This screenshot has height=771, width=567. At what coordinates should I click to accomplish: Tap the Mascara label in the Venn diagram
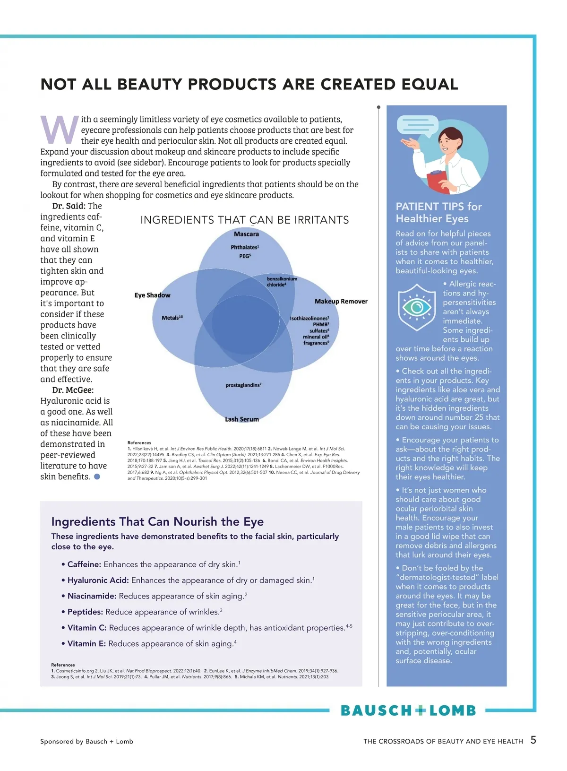point(246,234)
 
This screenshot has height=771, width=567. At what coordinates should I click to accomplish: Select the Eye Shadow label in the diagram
point(152,295)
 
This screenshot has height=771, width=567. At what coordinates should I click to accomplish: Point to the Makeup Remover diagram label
point(341,301)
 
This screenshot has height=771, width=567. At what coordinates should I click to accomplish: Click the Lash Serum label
point(242,419)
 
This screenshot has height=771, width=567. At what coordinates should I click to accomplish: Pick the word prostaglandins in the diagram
point(243,385)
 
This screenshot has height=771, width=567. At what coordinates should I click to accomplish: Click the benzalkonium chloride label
point(282,282)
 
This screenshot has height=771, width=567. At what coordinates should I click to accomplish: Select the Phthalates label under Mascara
point(245,247)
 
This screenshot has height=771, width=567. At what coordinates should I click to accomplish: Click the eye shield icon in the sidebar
point(417,307)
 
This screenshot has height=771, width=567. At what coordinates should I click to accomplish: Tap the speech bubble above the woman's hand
point(418,124)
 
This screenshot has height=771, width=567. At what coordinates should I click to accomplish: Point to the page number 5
point(533,740)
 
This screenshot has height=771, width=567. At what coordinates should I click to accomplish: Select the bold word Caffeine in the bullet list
point(84,564)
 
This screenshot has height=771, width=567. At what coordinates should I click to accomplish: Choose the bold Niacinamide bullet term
point(92,596)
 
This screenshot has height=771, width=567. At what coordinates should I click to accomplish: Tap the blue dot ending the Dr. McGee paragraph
point(97,476)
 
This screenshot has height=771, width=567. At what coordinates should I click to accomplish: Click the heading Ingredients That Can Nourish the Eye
point(157,521)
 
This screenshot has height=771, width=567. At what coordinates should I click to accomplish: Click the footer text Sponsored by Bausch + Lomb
point(86,741)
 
